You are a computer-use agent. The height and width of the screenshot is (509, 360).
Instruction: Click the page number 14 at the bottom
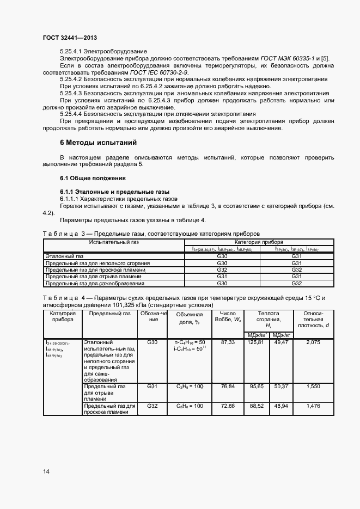tap(46, 471)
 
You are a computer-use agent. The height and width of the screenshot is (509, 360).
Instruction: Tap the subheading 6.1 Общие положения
tap(93, 178)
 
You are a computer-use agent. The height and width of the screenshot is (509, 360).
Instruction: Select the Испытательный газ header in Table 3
tap(114, 242)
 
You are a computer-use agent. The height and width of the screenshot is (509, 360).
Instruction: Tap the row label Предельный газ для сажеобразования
tap(95, 283)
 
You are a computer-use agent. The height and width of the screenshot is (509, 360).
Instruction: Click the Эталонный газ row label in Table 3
tap(65, 256)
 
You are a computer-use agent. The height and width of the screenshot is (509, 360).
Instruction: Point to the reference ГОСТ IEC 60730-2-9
tap(159, 72)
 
